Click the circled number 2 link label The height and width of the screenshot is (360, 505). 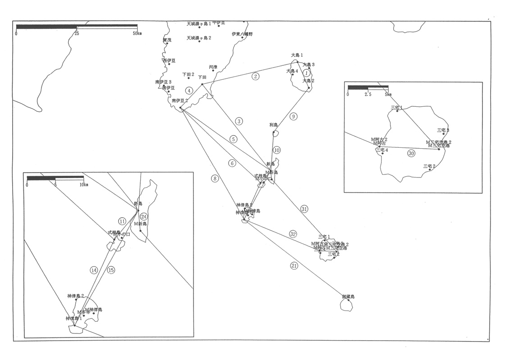[x=256, y=76]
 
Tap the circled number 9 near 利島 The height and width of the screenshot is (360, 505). [x=293, y=117]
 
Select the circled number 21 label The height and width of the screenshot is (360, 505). [x=294, y=266]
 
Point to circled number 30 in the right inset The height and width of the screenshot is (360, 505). [x=411, y=154]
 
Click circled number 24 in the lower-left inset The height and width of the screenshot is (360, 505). [x=144, y=217]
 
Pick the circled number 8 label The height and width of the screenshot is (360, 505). [x=215, y=178]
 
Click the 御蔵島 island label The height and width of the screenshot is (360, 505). [x=348, y=297]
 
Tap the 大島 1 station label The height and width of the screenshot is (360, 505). [x=297, y=55]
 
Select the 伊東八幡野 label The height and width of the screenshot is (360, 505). [x=242, y=34]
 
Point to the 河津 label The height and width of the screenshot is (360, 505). [x=213, y=67]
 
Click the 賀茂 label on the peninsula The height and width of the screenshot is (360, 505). [x=167, y=40]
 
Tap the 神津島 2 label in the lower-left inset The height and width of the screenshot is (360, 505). [x=76, y=296]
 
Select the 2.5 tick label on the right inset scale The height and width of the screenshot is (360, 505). [x=368, y=95]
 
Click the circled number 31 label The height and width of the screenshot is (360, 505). [x=305, y=209]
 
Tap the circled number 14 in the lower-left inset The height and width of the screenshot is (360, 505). [x=94, y=270]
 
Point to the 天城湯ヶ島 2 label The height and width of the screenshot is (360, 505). [x=199, y=38]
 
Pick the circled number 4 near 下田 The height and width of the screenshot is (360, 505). [x=189, y=91]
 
